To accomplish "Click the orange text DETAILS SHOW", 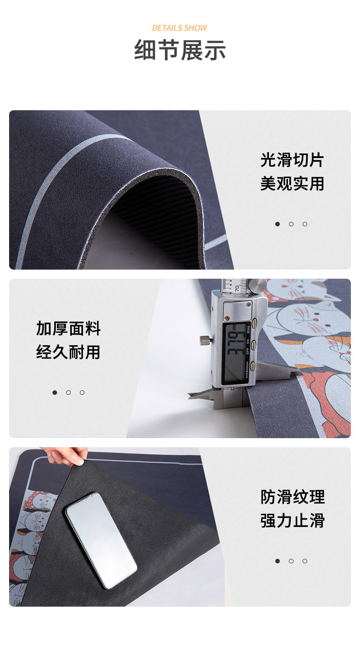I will (x=180, y=28).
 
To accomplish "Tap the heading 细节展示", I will (x=180, y=50).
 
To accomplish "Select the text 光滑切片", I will (x=292, y=160).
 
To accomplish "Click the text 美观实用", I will (x=292, y=184).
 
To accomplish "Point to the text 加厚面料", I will (x=68, y=329).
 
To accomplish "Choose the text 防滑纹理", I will (x=293, y=497).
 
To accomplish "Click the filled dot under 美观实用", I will (x=278, y=224).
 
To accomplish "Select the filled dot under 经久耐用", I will (x=55, y=393).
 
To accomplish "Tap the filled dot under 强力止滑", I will (x=278, y=561).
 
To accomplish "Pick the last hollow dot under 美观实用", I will (x=305, y=224).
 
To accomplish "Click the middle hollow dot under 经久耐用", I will (x=68, y=393).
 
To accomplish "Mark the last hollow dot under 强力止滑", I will (x=305, y=561).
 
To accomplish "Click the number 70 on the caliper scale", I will (x=237, y=288).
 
